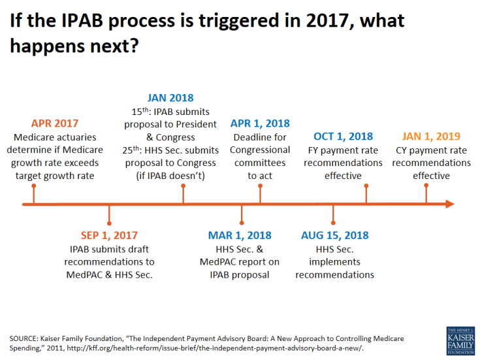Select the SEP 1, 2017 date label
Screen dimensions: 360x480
click(109, 235)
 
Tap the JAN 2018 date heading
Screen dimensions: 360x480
click(170, 98)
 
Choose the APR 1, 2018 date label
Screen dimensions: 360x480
click(260, 123)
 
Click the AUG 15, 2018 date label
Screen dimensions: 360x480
click(334, 235)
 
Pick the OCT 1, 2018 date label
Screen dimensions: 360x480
click(343, 137)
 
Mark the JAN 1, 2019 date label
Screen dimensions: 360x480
click(431, 137)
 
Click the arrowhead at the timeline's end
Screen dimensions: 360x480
click(449, 205)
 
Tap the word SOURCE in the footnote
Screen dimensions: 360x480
click(23, 338)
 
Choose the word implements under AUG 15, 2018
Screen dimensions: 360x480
click(334, 262)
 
